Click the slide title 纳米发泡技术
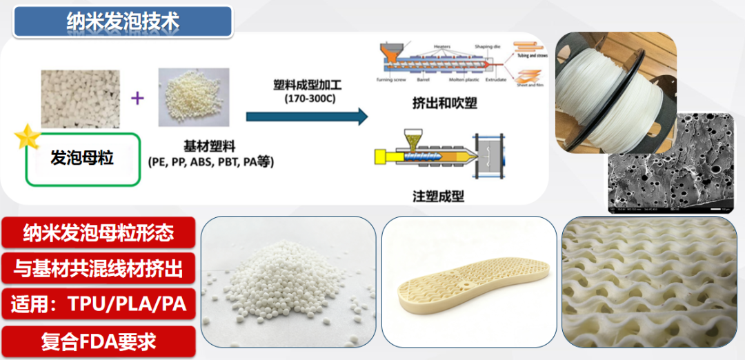(123, 21)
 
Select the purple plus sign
(137, 98)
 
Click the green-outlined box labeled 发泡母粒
(83, 159)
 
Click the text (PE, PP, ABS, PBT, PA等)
(211, 162)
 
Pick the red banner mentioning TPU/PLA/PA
(99, 304)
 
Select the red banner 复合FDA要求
(99, 340)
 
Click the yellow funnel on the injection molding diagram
(414, 136)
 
